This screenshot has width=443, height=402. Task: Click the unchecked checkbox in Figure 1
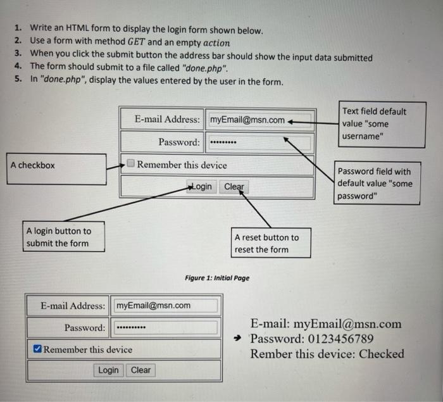[130, 164]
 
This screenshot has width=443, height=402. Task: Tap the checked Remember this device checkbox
[37, 349]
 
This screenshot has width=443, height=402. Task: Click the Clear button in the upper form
[234, 187]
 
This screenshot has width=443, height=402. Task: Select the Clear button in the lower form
[140, 370]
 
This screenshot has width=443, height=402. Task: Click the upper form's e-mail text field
[259, 120]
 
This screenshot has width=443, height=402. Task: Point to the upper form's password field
[259, 142]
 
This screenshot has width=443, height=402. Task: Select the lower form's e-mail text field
[166, 306]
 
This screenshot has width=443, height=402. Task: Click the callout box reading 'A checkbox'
[56, 168]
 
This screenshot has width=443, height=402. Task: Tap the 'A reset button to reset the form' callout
[270, 243]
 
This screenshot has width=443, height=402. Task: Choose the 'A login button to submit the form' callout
[65, 237]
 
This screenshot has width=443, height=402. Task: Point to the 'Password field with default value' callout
[377, 184]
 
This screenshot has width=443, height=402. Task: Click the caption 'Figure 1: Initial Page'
[217, 278]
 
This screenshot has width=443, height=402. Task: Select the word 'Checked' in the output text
[381, 354]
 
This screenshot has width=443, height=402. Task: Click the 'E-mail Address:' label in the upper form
[168, 119]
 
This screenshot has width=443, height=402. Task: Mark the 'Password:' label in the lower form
[85, 328]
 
